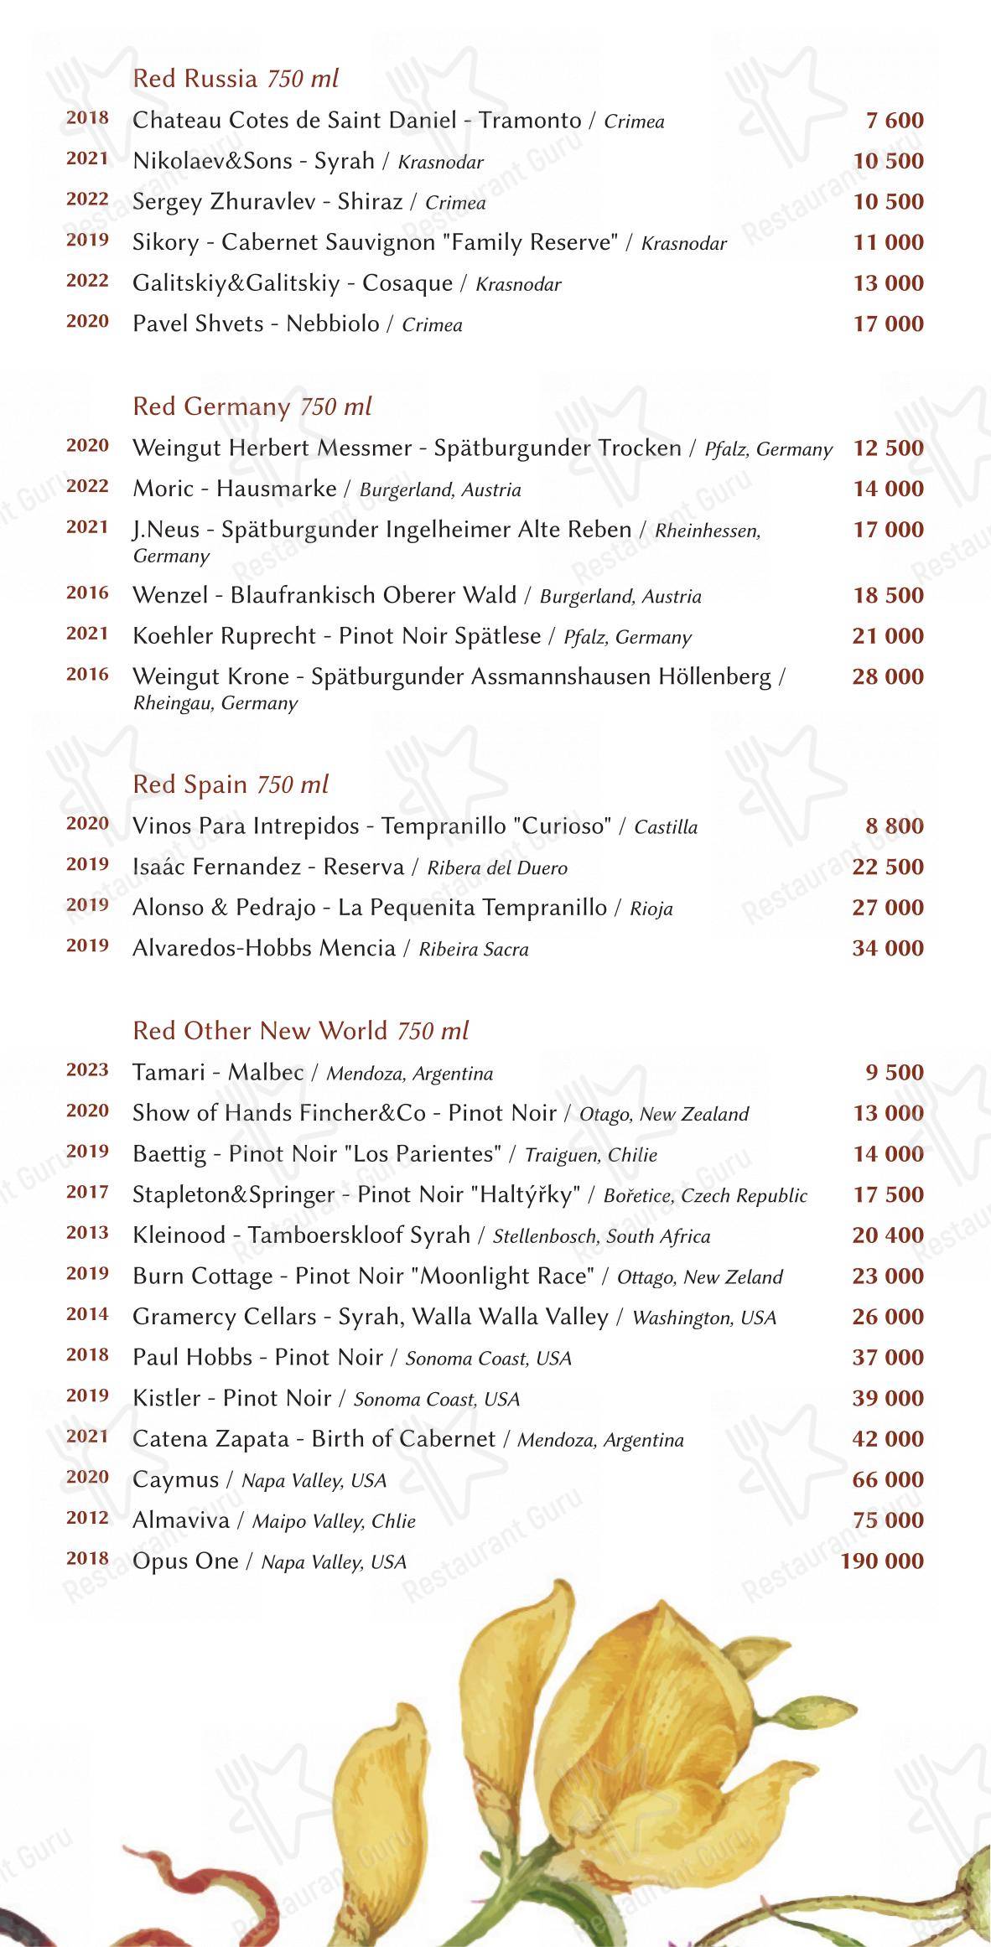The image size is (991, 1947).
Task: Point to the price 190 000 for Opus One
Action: [x=882, y=1561]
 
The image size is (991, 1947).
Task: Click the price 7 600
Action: [x=895, y=121]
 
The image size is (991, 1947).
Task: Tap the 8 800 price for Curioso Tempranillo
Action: [x=895, y=826]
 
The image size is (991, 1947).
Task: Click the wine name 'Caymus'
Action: [x=175, y=1479]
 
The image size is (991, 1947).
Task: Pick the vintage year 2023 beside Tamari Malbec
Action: [x=87, y=1069]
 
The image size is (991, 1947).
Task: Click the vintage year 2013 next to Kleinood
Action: [x=87, y=1232]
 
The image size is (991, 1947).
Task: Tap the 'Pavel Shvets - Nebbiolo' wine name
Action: [x=256, y=324]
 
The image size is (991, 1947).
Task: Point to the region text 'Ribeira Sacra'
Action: [x=474, y=949]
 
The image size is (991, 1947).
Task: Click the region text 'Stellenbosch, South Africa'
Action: [x=601, y=1236]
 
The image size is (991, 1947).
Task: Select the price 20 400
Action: [x=888, y=1235]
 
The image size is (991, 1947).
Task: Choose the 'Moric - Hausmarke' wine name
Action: [x=234, y=488]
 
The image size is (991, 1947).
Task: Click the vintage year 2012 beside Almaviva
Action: [x=87, y=1517]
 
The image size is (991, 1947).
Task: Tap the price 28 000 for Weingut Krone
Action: [x=888, y=676]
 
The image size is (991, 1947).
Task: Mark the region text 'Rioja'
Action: [x=651, y=909]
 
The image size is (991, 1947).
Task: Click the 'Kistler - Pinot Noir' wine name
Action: [x=232, y=1398]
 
